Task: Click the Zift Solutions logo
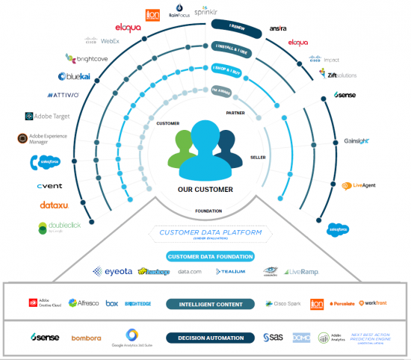(x=321, y=75)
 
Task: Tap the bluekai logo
(x=74, y=76)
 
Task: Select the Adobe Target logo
(x=47, y=117)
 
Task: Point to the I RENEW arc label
(x=236, y=27)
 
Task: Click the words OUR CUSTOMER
(x=205, y=189)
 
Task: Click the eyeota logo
(x=112, y=272)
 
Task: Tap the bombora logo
(x=86, y=338)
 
